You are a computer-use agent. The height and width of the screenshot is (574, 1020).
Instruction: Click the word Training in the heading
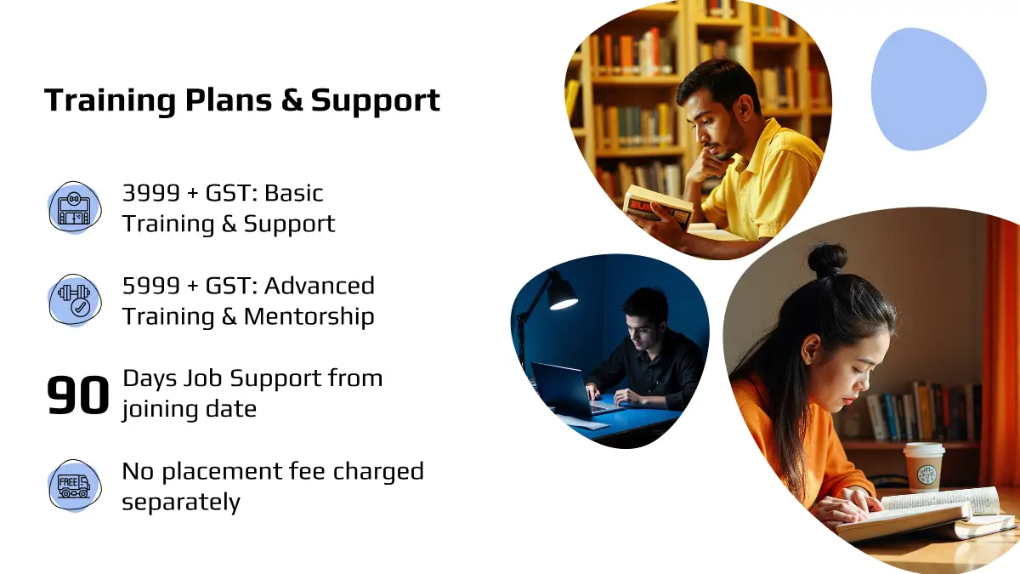pyautogui.click(x=110, y=100)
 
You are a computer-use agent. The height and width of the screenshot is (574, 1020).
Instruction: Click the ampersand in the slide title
pyautogui.click(x=292, y=99)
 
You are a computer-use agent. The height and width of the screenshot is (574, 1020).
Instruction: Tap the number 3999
pyautogui.click(x=150, y=193)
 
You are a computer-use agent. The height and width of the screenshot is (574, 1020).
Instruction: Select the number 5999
pyautogui.click(x=150, y=286)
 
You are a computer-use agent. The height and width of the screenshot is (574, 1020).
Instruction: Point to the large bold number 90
pyautogui.click(x=78, y=395)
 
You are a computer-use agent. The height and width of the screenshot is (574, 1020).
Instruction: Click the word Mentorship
pyautogui.click(x=309, y=316)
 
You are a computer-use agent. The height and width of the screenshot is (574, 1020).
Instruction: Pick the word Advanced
pyautogui.click(x=320, y=286)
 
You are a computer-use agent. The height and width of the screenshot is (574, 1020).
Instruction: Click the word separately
pyautogui.click(x=181, y=503)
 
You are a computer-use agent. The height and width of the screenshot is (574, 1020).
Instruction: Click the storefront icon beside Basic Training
pyautogui.click(x=75, y=208)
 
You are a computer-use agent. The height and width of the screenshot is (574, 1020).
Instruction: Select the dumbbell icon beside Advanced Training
pyautogui.click(x=75, y=300)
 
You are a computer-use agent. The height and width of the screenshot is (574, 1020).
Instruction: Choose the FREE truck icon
pyautogui.click(x=75, y=486)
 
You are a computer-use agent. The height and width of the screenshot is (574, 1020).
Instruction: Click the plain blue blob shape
pyautogui.click(x=928, y=89)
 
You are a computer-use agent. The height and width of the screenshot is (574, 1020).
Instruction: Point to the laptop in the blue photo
pyautogui.click(x=569, y=389)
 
